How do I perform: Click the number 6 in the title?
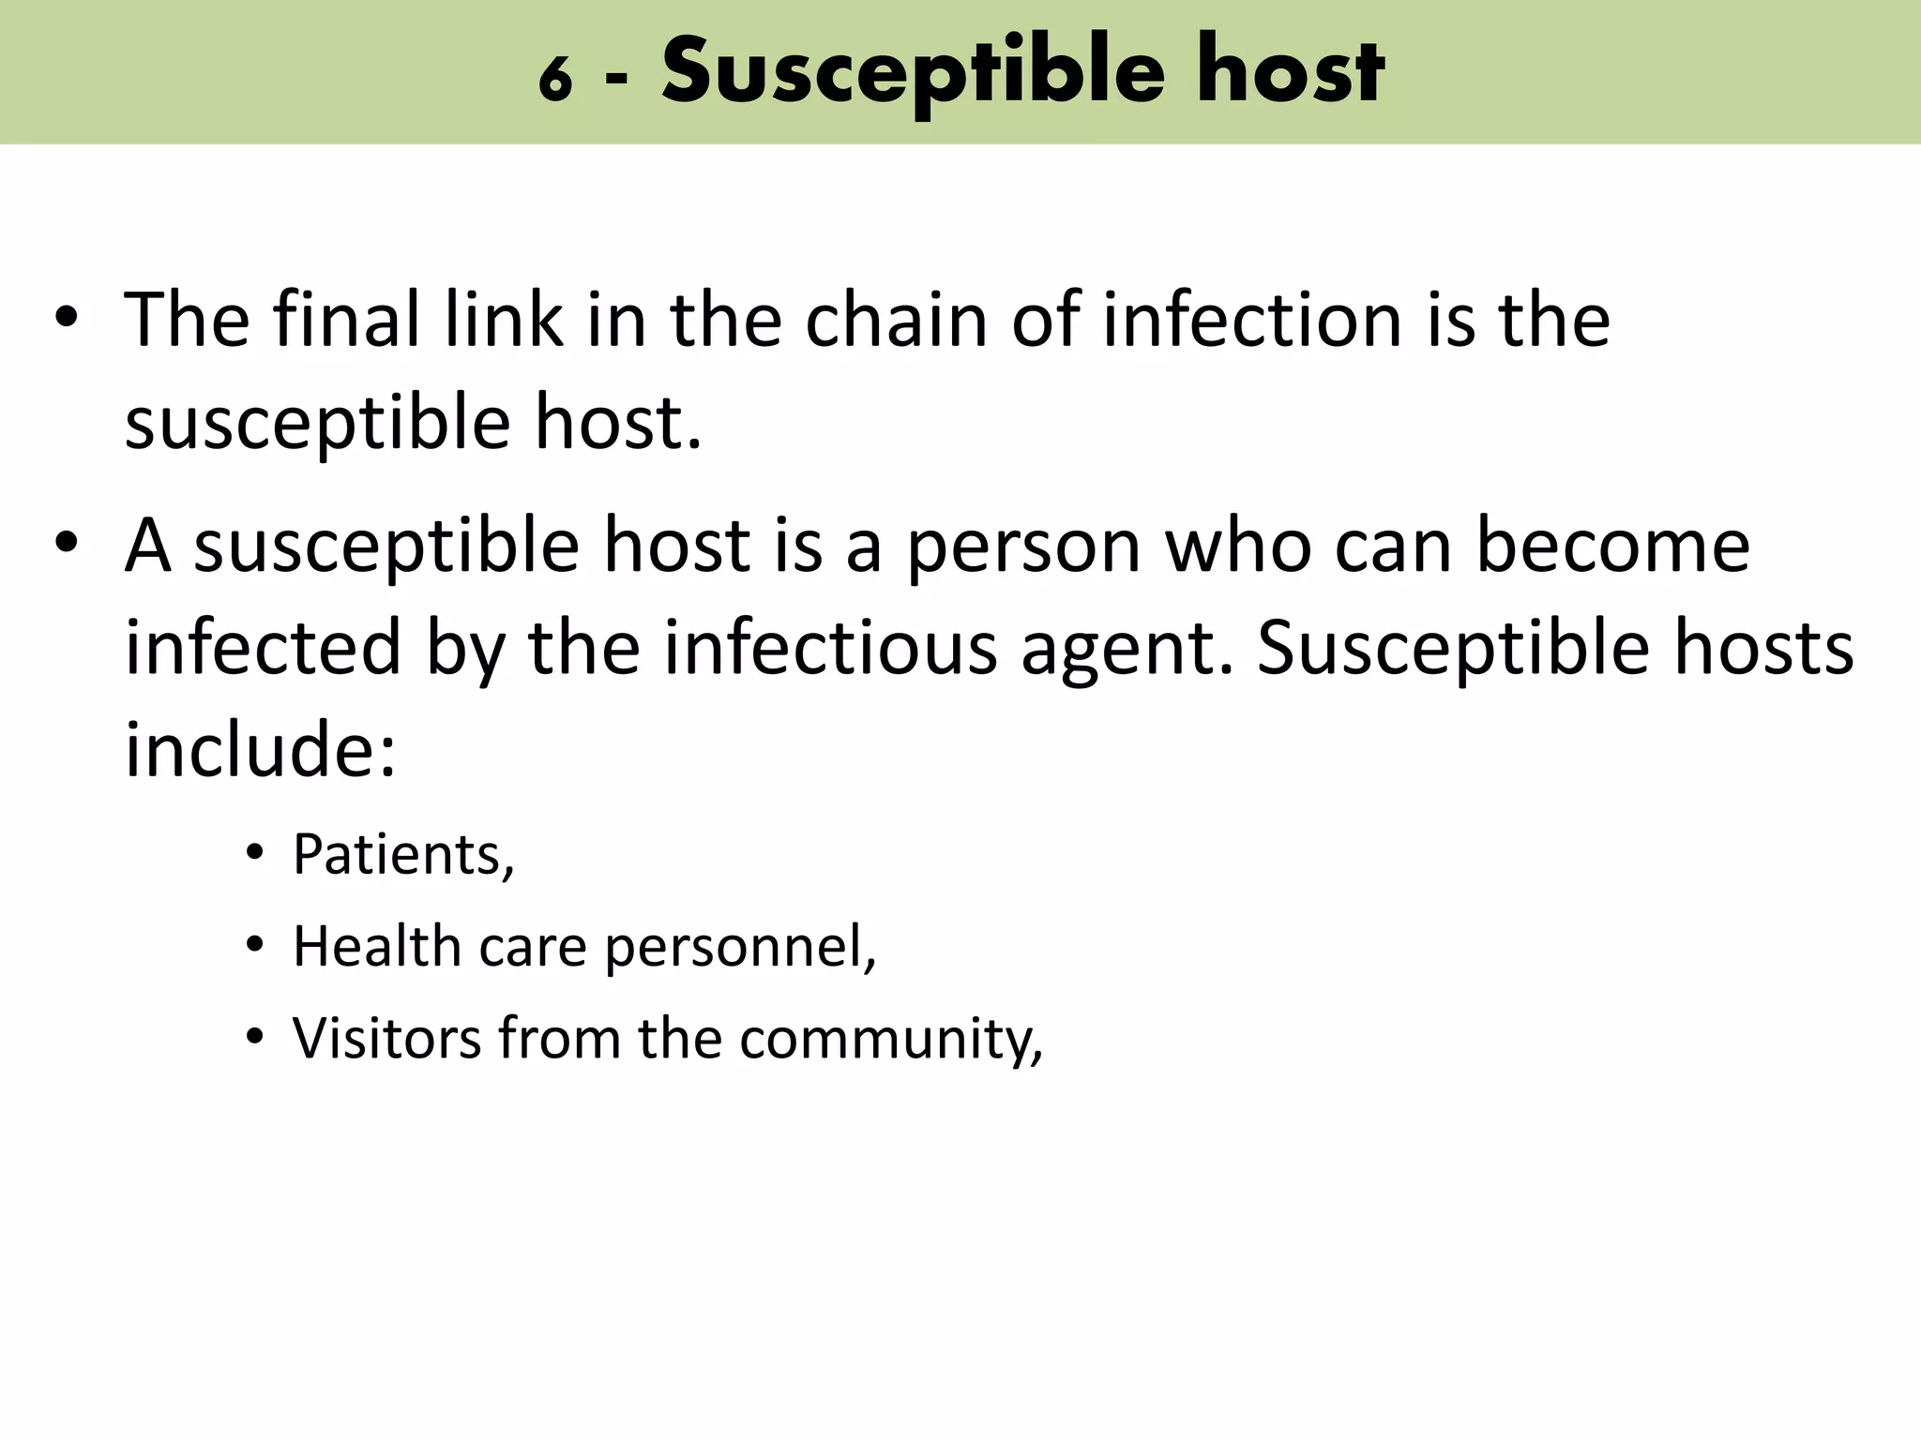coord(555,80)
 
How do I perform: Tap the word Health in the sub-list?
coord(376,946)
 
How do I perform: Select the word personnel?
coord(740,948)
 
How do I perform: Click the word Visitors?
coord(386,1038)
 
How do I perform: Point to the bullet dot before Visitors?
coord(254,1038)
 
